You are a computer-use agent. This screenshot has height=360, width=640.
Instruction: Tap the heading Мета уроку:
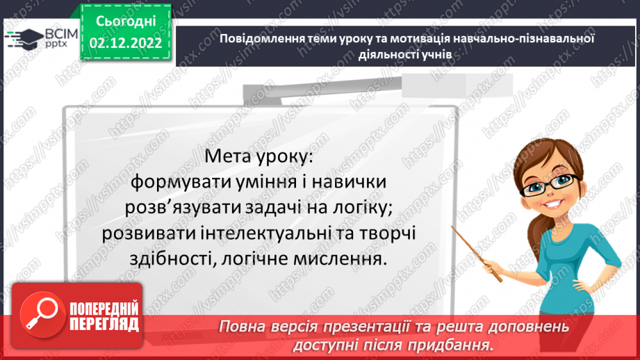click(x=260, y=157)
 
